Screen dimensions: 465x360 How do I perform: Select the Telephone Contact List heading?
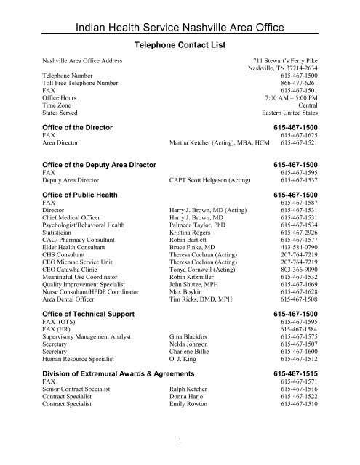[180, 45]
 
